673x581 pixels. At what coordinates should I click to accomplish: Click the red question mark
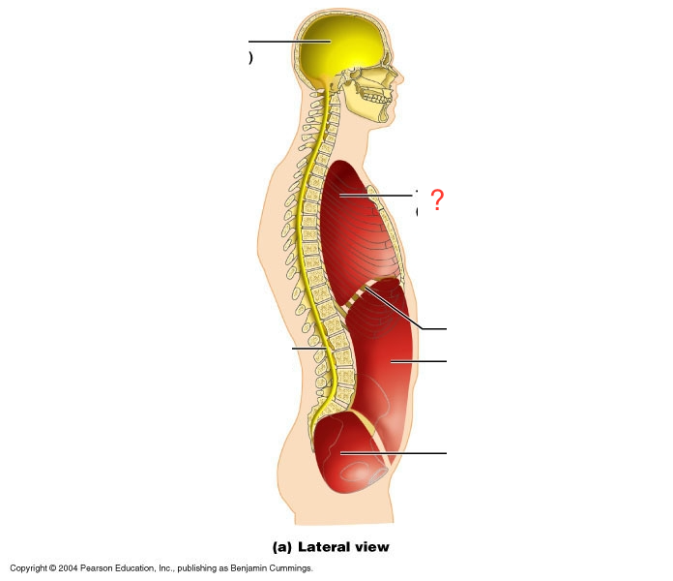(437, 200)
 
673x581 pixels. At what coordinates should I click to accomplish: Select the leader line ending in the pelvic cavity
(396, 452)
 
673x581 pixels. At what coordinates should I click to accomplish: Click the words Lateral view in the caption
(343, 547)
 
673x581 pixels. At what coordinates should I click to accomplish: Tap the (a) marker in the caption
(282, 547)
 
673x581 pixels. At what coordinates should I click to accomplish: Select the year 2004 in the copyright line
(68, 568)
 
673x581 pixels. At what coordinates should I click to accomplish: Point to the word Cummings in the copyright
(290, 568)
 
